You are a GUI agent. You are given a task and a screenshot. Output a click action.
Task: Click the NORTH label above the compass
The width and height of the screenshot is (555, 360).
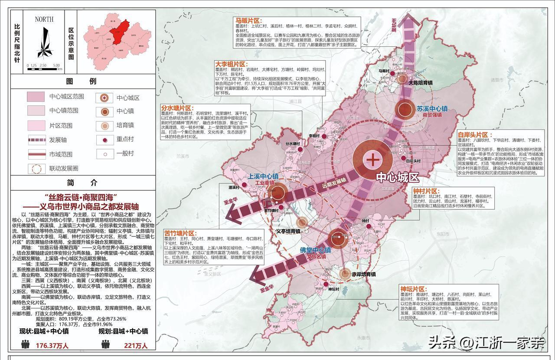[44, 19]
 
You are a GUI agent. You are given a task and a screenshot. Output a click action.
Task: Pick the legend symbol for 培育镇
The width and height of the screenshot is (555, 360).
[104, 126]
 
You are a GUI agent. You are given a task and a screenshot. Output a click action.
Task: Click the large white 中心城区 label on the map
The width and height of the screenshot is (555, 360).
[398, 177]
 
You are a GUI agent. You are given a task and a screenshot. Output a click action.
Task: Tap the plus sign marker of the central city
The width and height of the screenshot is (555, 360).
[372, 159]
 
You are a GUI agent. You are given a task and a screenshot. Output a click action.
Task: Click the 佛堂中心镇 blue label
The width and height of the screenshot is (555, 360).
[315, 250]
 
